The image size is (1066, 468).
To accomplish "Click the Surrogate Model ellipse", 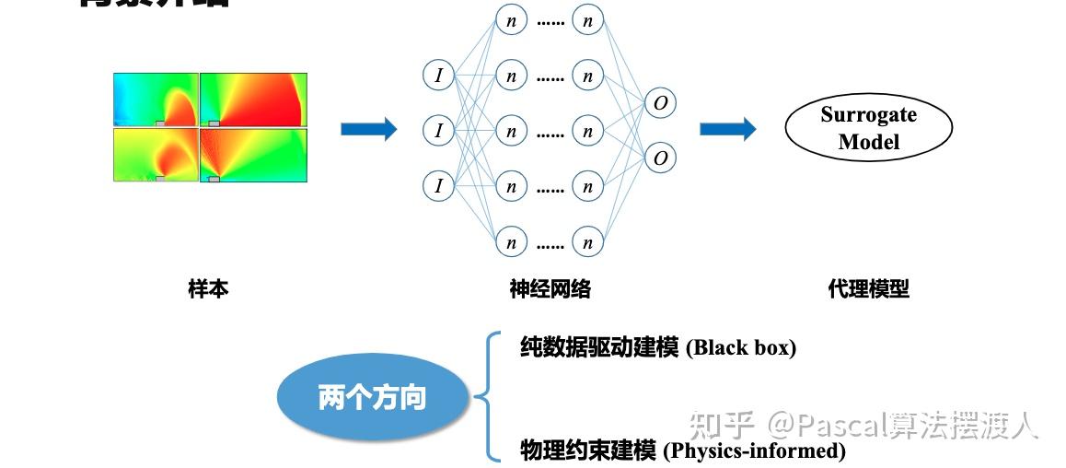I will point(868,129).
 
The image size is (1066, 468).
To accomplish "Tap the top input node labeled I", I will point(438,76).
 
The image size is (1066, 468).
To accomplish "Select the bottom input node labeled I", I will point(438,187).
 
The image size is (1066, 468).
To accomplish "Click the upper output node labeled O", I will point(660,103).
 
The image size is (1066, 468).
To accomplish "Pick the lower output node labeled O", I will point(660,158).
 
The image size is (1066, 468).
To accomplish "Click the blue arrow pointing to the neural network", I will point(368,129).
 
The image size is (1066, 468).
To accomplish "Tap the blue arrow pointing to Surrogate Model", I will point(727,129).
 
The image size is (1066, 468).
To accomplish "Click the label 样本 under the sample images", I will point(208,289).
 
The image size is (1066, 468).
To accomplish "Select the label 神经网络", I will point(550,289).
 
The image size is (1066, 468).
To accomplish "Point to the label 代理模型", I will point(868,289).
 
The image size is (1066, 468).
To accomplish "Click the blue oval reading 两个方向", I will point(372,397).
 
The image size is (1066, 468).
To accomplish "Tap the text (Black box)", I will point(740,347).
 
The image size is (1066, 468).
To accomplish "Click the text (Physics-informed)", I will point(753,450).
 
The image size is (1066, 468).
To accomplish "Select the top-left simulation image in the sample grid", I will point(156,99).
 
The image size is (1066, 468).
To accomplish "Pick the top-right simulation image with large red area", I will point(253,99).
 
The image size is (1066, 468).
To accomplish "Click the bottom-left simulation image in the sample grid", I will point(156,154).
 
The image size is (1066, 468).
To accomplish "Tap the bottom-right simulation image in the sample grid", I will point(253,154).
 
